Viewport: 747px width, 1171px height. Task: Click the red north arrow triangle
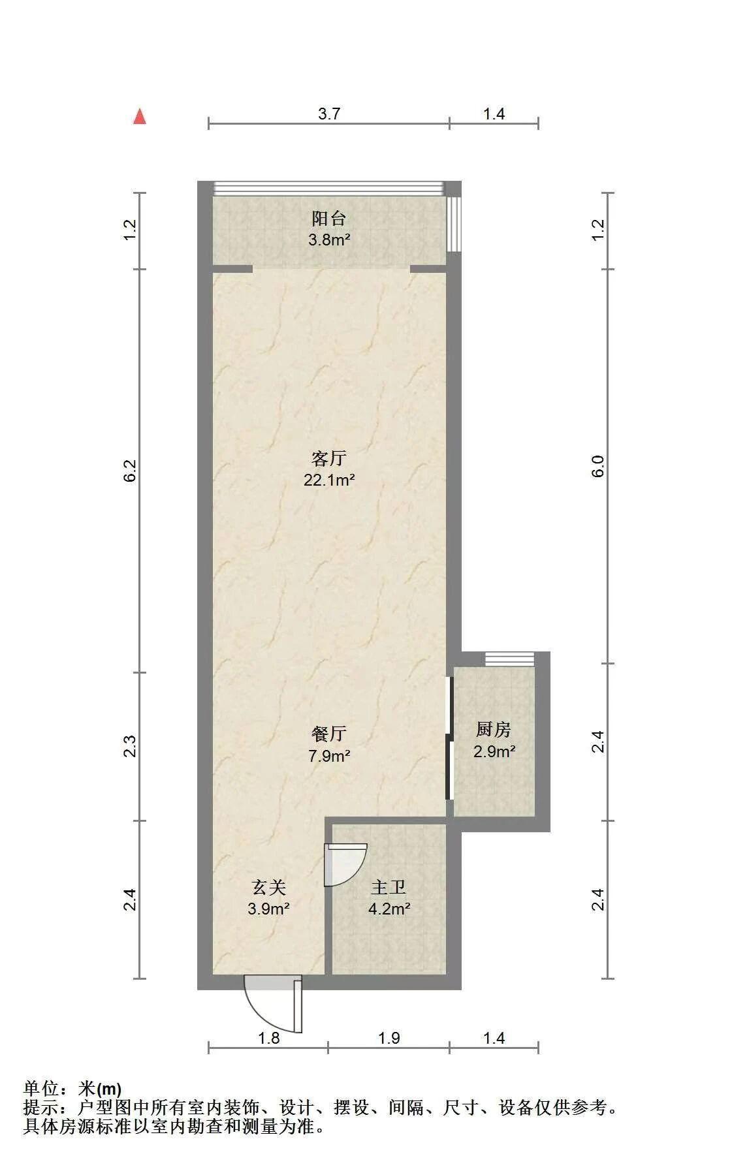pyautogui.click(x=139, y=116)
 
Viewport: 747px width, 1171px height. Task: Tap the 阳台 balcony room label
pyautogui.click(x=329, y=218)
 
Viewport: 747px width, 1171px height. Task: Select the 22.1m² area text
pyautogui.click(x=329, y=481)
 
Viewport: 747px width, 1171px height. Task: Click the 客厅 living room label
pyautogui.click(x=329, y=459)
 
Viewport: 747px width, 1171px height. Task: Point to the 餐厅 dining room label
pyautogui.click(x=329, y=734)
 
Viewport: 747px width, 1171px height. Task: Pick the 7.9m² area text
pyautogui.click(x=329, y=756)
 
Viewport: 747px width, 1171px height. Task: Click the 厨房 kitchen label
pyautogui.click(x=494, y=729)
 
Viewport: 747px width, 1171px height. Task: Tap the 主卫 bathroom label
pyautogui.click(x=389, y=887)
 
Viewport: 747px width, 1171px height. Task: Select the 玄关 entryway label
pyautogui.click(x=269, y=887)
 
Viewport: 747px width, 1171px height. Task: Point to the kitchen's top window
pyautogui.click(x=510, y=659)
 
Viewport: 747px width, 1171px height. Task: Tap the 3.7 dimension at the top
pyautogui.click(x=329, y=114)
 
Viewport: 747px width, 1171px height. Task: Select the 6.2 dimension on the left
pyautogui.click(x=130, y=471)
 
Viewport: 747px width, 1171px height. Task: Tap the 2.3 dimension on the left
pyautogui.click(x=130, y=746)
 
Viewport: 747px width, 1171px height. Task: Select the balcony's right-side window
pyautogui.click(x=454, y=223)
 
